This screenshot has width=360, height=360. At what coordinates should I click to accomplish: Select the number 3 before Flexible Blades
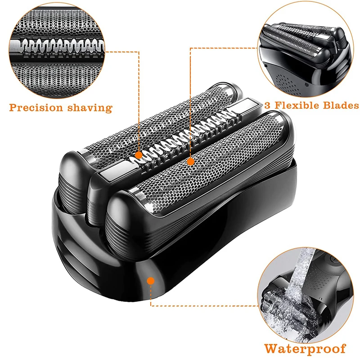264,105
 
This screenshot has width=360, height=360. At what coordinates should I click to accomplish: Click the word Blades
340,105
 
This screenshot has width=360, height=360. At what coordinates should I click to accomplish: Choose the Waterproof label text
305,348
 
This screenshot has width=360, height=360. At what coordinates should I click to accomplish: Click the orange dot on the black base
151,280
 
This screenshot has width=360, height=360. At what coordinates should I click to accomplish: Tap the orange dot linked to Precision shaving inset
139,155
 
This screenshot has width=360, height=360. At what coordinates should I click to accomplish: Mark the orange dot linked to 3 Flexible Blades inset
190,161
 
